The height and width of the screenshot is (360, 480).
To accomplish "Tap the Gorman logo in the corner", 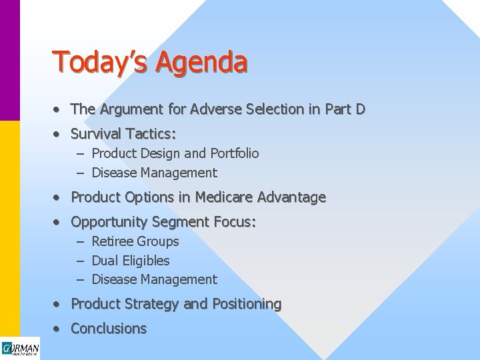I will [x=20, y=349].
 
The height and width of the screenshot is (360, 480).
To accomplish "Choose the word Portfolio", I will [x=235, y=153].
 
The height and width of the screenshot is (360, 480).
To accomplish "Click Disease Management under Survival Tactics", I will [x=154, y=173].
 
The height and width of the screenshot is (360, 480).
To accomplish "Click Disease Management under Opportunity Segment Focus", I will [x=154, y=279].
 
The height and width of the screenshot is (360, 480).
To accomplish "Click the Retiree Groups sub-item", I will [x=135, y=241].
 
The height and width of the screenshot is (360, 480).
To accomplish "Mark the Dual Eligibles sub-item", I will [x=131, y=261].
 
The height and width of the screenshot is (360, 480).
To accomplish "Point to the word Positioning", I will [x=247, y=304].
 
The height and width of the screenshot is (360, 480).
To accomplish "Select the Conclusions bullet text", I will [x=109, y=329].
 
